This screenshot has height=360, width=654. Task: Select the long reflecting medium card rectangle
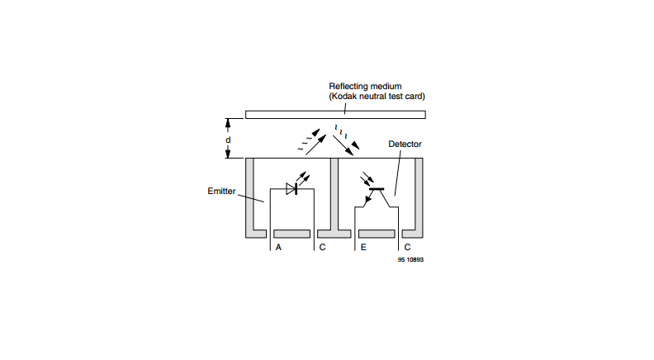coord(335,113)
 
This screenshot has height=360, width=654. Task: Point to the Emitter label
coord(222,191)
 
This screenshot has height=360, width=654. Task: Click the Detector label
coord(405,144)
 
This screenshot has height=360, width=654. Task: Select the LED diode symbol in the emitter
coord(291,188)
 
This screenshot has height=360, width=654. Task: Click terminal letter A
coord(278,247)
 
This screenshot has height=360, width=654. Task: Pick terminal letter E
coord(363,247)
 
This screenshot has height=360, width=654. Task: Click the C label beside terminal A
coord(321,247)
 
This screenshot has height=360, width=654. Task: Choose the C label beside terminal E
coord(406,247)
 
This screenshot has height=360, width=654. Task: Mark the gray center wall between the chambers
coord(334,194)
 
